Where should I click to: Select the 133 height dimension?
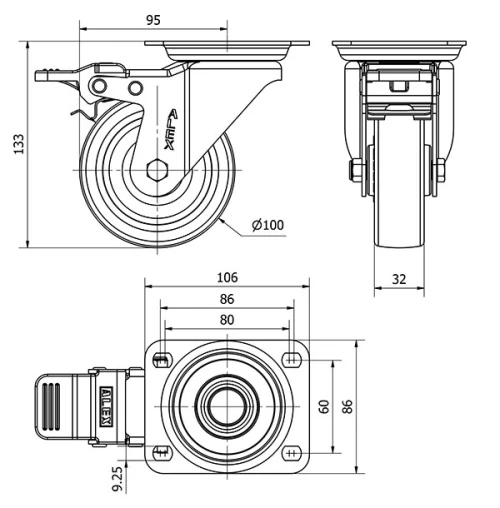[16, 145]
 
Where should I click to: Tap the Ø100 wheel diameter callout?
[267, 224]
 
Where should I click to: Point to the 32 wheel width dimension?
[399, 279]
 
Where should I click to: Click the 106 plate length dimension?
[228, 277]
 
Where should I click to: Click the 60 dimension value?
[324, 405]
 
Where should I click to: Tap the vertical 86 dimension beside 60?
[346, 405]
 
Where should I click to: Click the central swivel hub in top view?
[227, 405]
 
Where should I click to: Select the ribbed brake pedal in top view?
[56, 406]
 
